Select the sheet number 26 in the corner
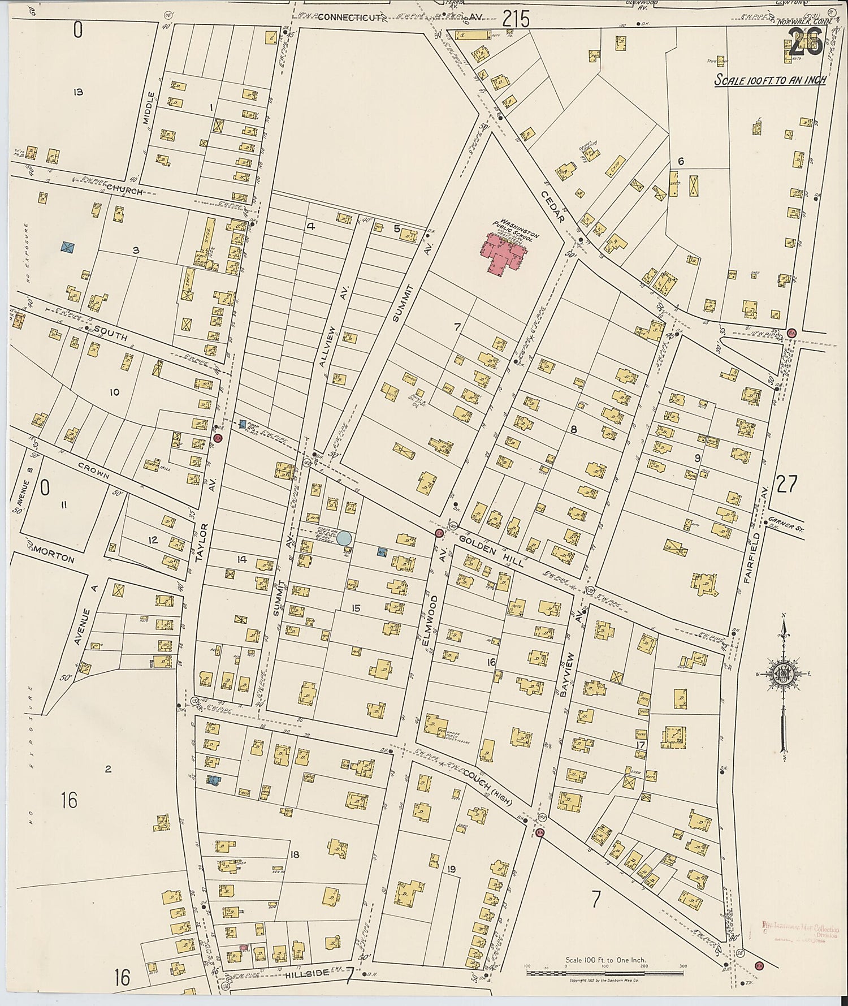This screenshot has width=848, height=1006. point(805,44)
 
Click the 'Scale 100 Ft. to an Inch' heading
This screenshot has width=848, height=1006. point(770,80)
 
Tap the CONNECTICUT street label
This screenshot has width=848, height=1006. point(350,18)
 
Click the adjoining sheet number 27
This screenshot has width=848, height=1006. point(786,485)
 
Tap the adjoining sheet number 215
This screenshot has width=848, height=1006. point(516,20)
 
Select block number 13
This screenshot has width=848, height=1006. point(78,92)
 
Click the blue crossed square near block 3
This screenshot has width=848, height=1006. point(68,247)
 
